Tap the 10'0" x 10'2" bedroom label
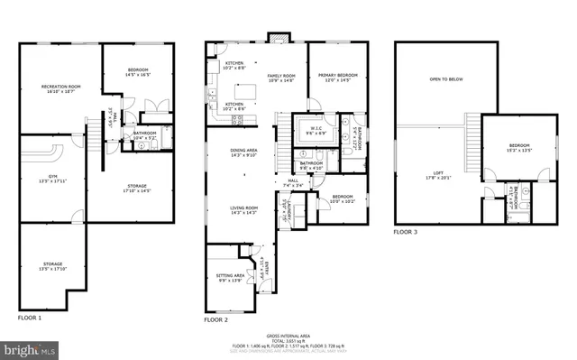tap(342, 199)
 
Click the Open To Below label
tap(445, 79)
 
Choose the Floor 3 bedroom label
tap(517, 147)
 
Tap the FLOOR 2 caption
tap(216, 319)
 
